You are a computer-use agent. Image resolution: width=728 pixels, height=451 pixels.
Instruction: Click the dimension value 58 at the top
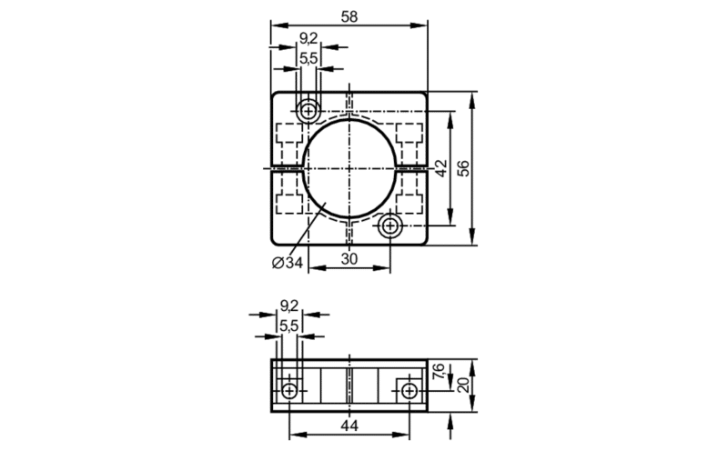click(x=349, y=16)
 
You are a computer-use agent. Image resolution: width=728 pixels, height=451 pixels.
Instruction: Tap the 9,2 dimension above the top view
click(x=308, y=38)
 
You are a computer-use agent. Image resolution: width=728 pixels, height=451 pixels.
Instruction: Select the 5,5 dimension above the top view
click(x=308, y=59)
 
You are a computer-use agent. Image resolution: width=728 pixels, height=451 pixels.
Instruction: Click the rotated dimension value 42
click(x=440, y=168)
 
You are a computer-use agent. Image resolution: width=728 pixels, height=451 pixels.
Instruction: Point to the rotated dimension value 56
click(x=463, y=168)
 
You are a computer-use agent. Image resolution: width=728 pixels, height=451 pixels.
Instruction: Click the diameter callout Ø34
click(x=288, y=263)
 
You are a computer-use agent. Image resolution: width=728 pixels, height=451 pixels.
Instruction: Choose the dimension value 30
click(x=349, y=259)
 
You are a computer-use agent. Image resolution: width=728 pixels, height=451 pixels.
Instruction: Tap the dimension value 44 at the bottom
click(x=349, y=426)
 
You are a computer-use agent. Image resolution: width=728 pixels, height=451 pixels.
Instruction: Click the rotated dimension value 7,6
click(x=439, y=371)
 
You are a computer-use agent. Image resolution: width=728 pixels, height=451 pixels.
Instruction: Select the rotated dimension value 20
click(x=463, y=385)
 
